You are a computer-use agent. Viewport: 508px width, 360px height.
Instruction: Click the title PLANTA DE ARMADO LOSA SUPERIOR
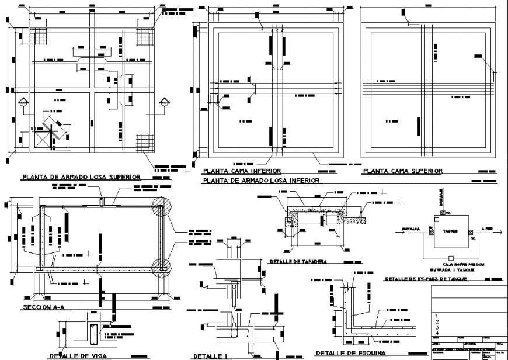tap(81, 176)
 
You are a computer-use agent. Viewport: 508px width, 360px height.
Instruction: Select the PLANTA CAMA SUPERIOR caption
tap(402, 171)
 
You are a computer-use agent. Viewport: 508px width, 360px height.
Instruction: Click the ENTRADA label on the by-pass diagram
tap(410, 229)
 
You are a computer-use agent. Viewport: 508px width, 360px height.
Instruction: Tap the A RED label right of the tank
tap(486, 229)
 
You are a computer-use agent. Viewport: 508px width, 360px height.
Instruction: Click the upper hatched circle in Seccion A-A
tap(162, 206)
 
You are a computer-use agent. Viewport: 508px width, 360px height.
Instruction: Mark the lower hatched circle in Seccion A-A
tap(162, 268)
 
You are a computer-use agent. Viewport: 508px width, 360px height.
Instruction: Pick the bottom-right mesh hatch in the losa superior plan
tap(144, 142)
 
